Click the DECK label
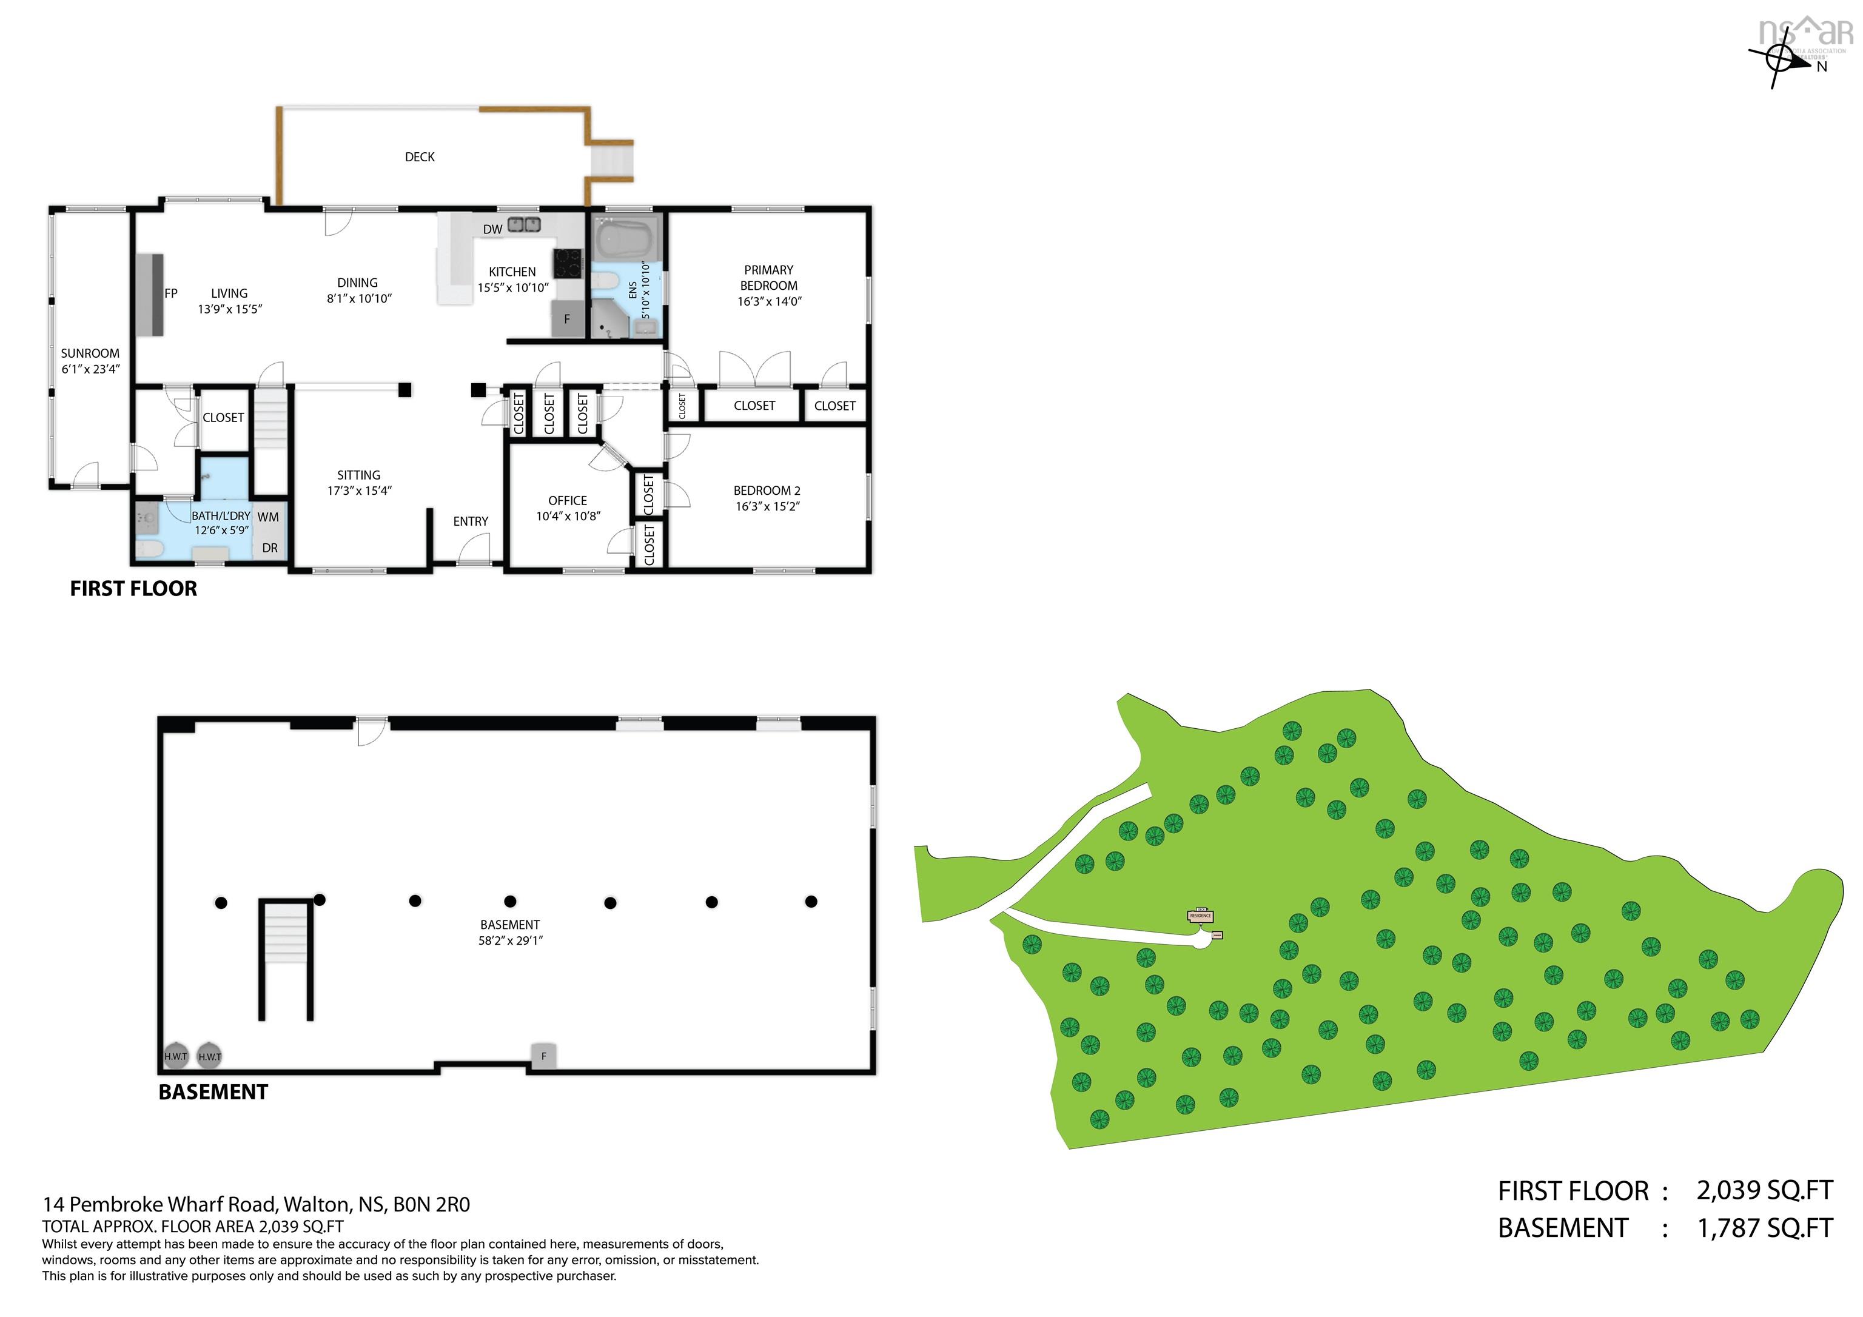click(420, 156)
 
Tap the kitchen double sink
click(524, 225)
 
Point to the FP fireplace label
click(170, 293)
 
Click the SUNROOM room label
click(90, 354)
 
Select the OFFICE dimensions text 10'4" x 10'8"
click(568, 516)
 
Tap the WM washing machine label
click(268, 517)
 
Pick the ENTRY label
click(471, 521)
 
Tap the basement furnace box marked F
click(543, 1056)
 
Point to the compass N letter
click(1822, 67)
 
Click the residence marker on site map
click(1200, 916)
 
